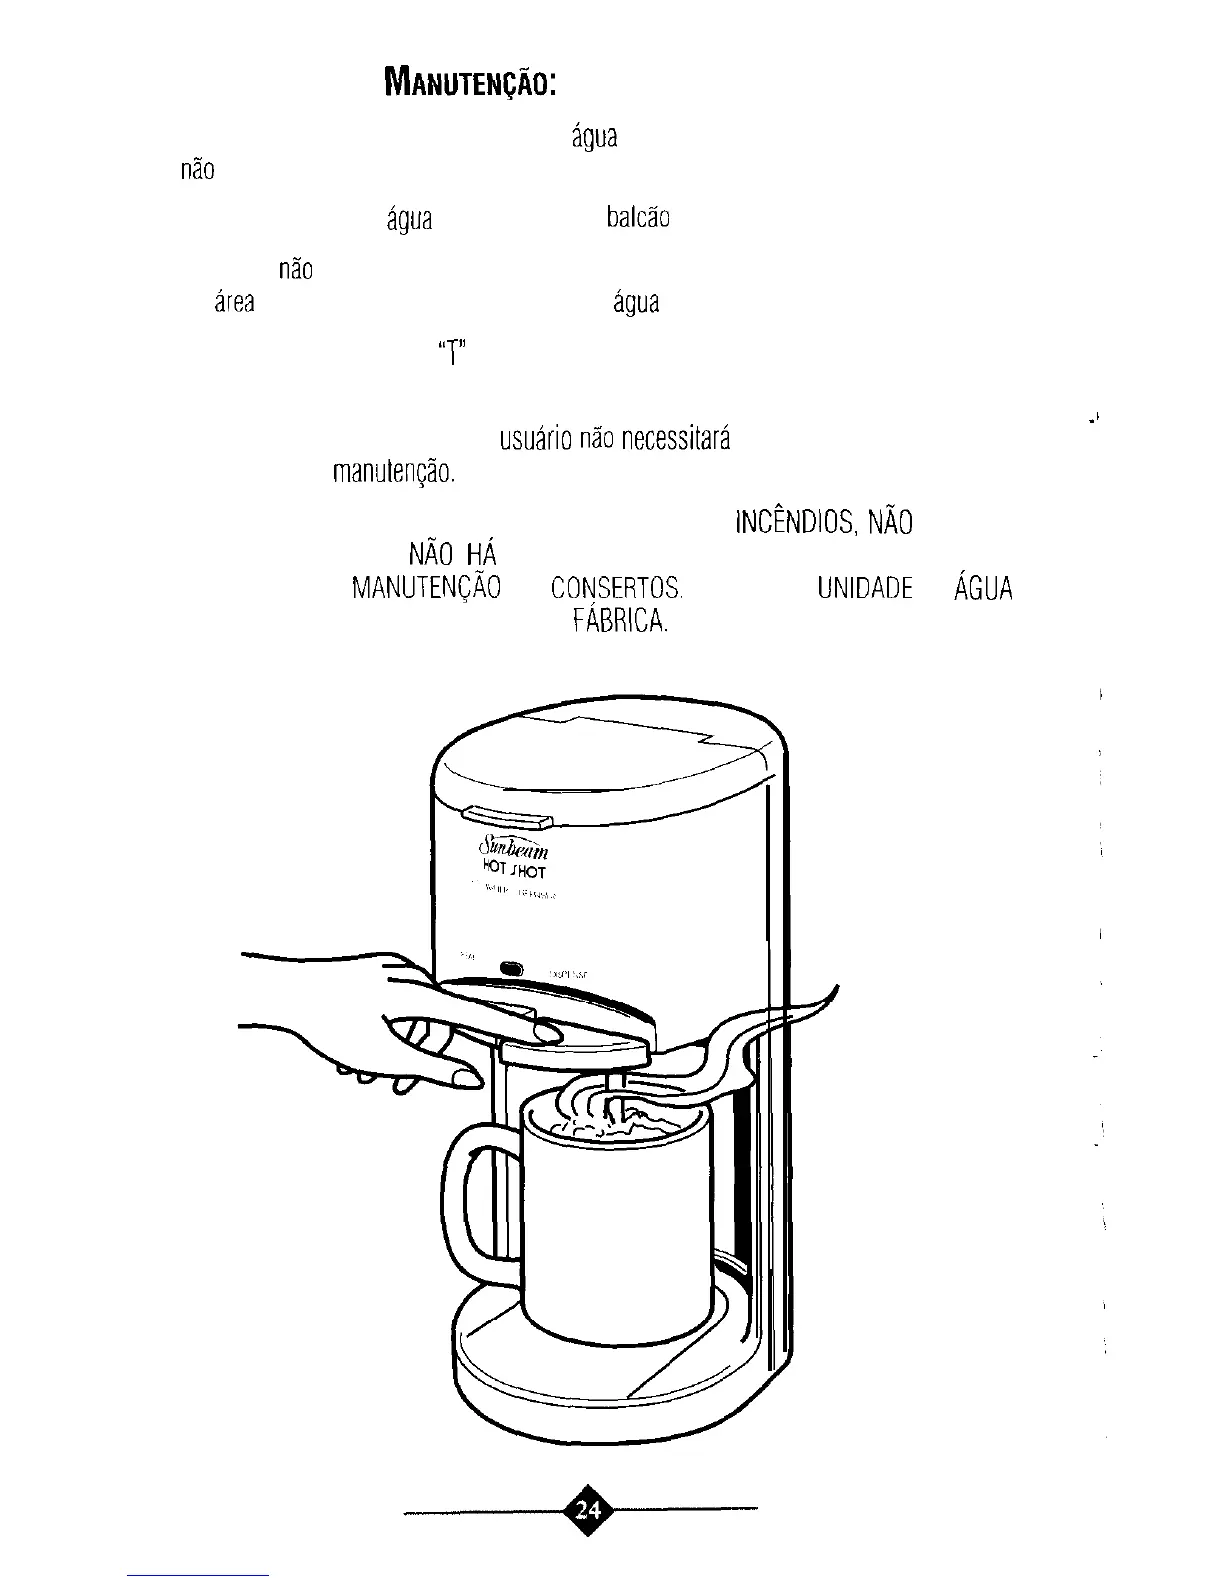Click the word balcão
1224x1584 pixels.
point(637,218)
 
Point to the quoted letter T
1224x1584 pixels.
point(452,352)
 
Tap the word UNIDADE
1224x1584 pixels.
point(864,588)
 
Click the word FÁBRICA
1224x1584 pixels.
point(619,622)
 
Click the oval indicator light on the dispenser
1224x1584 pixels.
point(512,969)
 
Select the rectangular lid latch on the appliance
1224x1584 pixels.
point(509,819)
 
